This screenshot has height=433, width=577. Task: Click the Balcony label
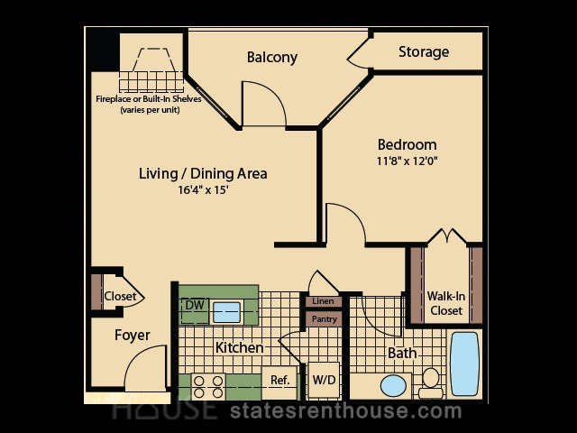[272, 58]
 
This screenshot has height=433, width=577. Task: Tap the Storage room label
[424, 52]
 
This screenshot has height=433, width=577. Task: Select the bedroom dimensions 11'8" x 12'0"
[408, 161]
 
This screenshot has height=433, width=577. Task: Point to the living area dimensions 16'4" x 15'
[204, 190]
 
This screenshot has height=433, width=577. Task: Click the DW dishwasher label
[195, 305]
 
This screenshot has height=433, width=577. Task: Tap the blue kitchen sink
[226, 312]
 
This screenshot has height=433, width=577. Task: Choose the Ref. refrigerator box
[279, 382]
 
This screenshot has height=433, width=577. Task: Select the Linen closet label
[323, 301]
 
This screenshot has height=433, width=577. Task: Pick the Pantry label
[325, 318]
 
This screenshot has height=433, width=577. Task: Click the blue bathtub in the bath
[465, 364]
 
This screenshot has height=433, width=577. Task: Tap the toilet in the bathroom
[431, 382]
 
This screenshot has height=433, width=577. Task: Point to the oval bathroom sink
[393, 386]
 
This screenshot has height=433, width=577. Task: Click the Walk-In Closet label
[446, 303]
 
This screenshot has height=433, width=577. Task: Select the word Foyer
[133, 335]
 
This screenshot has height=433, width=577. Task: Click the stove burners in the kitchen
[208, 387]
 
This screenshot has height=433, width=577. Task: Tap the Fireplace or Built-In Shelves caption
[149, 105]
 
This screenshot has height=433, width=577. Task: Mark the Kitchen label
[239, 347]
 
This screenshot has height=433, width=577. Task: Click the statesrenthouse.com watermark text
[346, 411]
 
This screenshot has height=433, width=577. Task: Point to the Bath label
[403, 353]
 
